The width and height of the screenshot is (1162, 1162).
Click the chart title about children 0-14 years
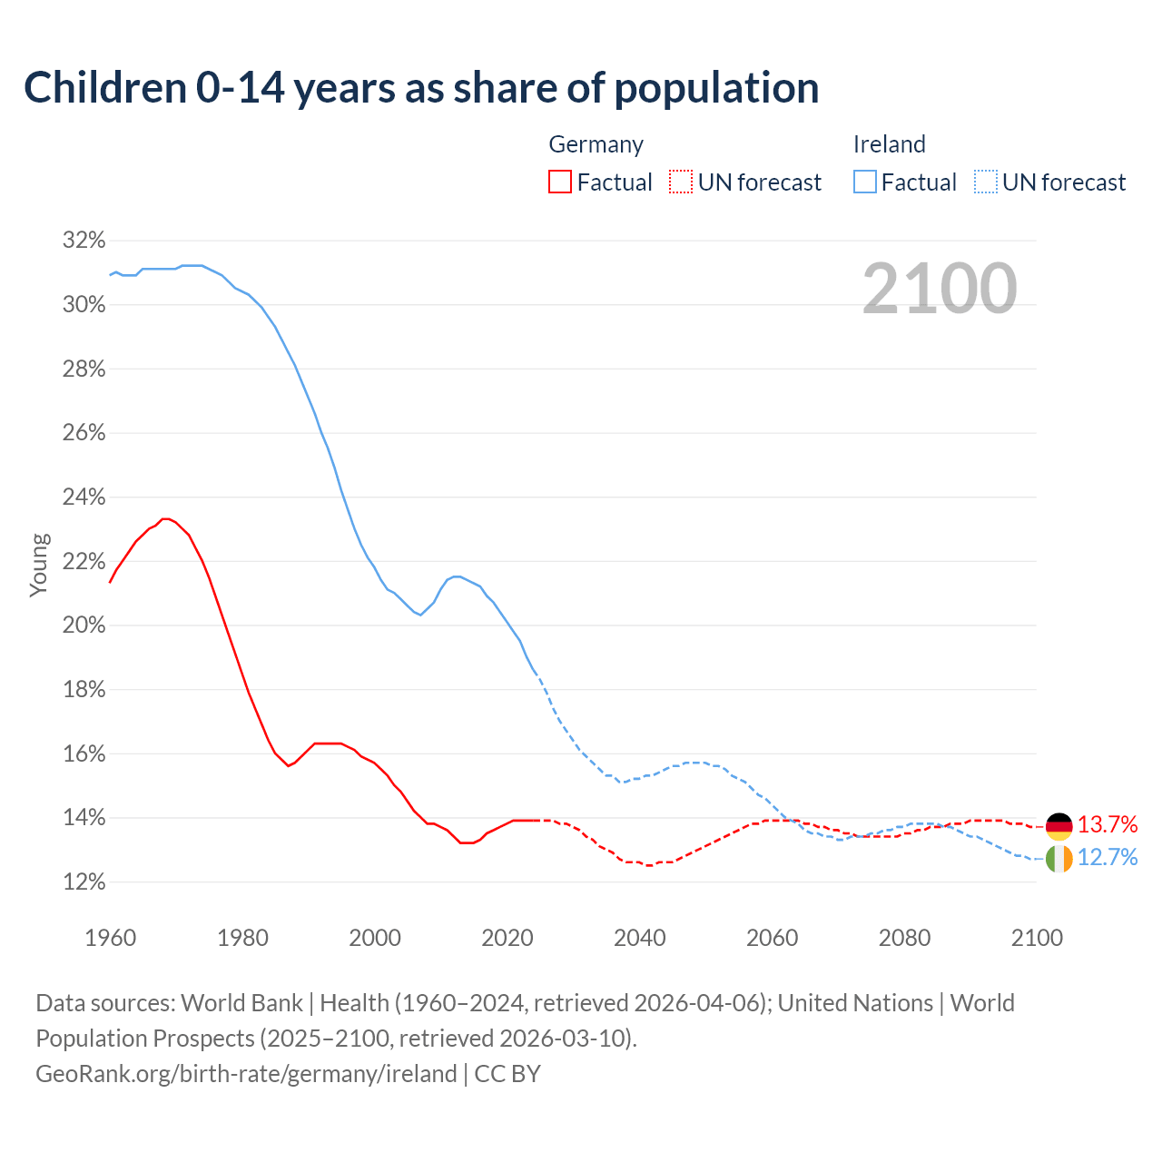[421, 88]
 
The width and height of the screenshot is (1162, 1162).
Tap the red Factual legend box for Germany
[560, 182]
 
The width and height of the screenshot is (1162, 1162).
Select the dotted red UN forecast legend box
[681, 182]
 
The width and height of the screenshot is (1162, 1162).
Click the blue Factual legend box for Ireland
[864, 182]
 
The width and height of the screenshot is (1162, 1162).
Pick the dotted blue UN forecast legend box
[985, 182]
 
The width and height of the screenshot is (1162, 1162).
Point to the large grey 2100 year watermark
[939, 289]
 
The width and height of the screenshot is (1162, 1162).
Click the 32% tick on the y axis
[84, 241]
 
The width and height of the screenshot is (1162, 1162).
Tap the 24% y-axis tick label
[84, 497]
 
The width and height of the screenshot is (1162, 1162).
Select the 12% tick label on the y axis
[84, 882]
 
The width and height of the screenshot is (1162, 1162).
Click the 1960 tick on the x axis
[110, 938]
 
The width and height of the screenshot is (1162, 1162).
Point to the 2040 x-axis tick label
[639, 938]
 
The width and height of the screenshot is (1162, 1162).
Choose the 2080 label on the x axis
[904, 938]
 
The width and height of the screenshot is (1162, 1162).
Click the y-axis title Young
[39, 565]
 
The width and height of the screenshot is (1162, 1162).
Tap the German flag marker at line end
[1059, 825]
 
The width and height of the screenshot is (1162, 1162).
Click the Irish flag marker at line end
[1059, 858]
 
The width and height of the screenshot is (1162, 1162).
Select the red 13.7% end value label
[1107, 824]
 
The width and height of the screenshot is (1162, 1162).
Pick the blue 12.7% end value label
[1107, 858]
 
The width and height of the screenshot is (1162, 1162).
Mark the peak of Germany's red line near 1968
[165, 518]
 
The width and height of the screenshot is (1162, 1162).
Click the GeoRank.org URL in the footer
[246, 1074]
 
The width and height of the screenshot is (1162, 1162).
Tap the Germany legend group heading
[596, 144]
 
